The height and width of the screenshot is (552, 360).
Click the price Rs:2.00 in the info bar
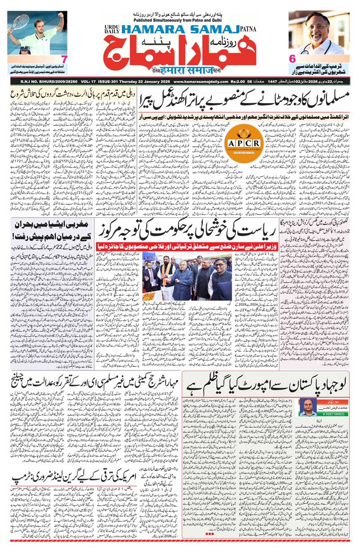243,81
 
